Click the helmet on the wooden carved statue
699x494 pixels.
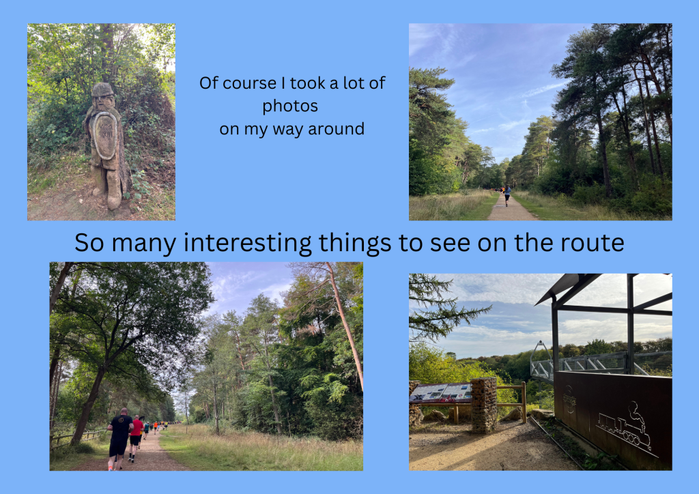pyautogui.click(x=102, y=89)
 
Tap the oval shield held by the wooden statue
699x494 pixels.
pyautogui.click(x=105, y=135)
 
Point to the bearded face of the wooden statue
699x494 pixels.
pyautogui.click(x=103, y=102)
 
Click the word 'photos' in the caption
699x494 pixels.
pyautogui.click(x=290, y=106)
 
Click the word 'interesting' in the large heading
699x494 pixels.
pyautogui.click(x=247, y=243)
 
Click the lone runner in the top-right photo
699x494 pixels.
pyautogui.click(x=507, y=196)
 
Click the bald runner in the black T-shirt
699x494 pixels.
pyautogui.click(x=119, y=439)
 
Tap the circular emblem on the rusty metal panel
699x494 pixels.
pyautogui.click(x=569, y=398)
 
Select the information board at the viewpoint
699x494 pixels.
pyautogui.click(x=441, y=393)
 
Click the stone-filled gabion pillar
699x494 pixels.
pyautogui.click(x=484, y=405)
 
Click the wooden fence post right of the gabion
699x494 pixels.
pyautogui.click(x=524, y=403)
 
